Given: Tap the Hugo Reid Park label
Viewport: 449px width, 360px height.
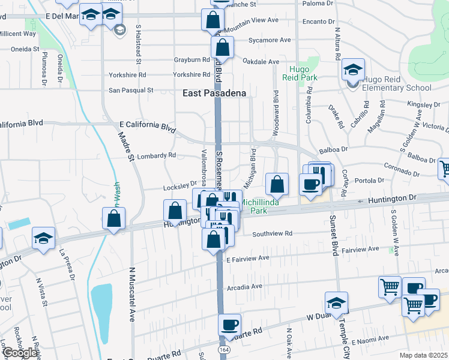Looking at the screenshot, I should (x=298, y=74).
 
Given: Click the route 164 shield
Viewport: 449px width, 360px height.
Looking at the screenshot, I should (x=224, y=349).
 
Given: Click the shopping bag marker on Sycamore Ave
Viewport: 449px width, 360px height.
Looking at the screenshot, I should (x=221, y=47).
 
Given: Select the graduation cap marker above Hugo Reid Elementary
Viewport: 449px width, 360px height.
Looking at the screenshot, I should (x=353, y=70).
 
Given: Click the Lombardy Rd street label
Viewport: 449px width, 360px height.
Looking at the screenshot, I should (x=156, y=155).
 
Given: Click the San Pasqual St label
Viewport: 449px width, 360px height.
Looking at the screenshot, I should (x=131, y=90).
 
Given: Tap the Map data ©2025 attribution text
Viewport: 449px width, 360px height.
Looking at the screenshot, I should (x=424, y=355).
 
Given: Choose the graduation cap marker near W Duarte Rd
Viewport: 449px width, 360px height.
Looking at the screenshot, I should (x=336, y=304).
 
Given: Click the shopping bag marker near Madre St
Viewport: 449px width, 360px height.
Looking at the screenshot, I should (x=113, y=219).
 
